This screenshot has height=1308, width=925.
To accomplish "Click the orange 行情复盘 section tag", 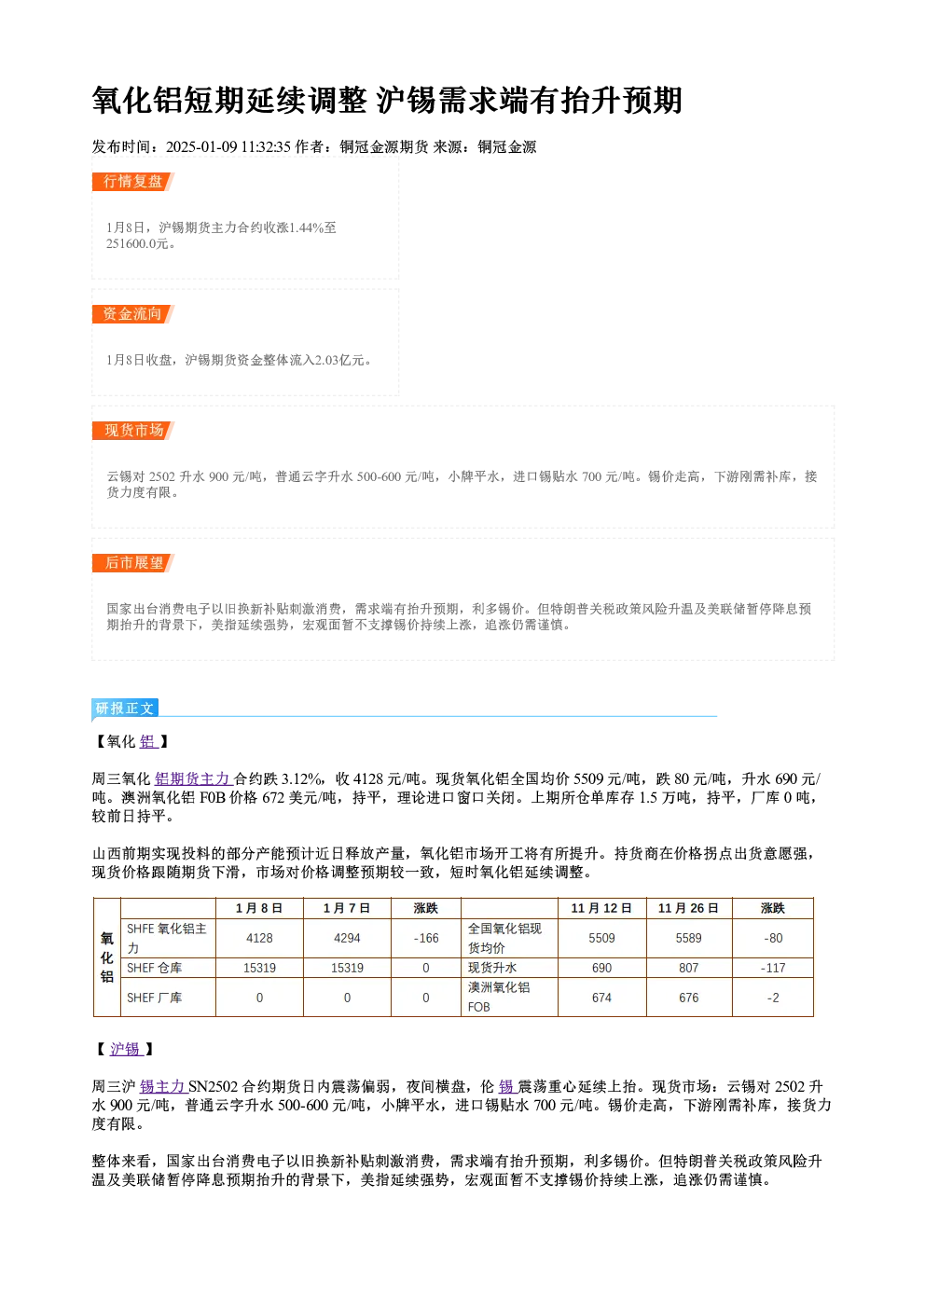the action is pos(133,182).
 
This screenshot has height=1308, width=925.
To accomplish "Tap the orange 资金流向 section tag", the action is pos(133,314).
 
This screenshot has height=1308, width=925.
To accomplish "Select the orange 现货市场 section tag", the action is pos(133,431).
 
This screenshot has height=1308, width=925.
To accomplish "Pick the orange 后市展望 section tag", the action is pos(133,563).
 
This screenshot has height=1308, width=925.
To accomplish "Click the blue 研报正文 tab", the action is pos(125,709).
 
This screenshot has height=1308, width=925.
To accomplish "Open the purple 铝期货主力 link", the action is pos(193,779).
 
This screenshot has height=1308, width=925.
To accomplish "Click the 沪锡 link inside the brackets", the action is pos(127,1050).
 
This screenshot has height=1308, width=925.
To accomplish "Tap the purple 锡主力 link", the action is pos(163,1087).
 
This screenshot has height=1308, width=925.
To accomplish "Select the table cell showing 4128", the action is pos(259,938).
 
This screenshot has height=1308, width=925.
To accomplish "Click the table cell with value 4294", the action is pos(347,938).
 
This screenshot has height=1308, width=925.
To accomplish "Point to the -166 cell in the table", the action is pos(426,938).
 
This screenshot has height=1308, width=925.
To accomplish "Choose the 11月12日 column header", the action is pos(601,908).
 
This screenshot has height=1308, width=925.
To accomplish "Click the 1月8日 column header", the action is pos(259,908).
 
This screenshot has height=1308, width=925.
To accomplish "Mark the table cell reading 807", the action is pos(688,968).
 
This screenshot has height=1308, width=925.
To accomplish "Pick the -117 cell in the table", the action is pos(773,968).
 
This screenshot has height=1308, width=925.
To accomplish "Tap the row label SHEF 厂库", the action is pos(155,998).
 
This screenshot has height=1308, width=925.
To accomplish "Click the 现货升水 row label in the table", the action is pos(492,968).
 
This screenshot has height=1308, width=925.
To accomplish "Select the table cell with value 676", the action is pos(688,998).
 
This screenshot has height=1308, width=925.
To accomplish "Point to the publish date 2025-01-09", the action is pos(201,146).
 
